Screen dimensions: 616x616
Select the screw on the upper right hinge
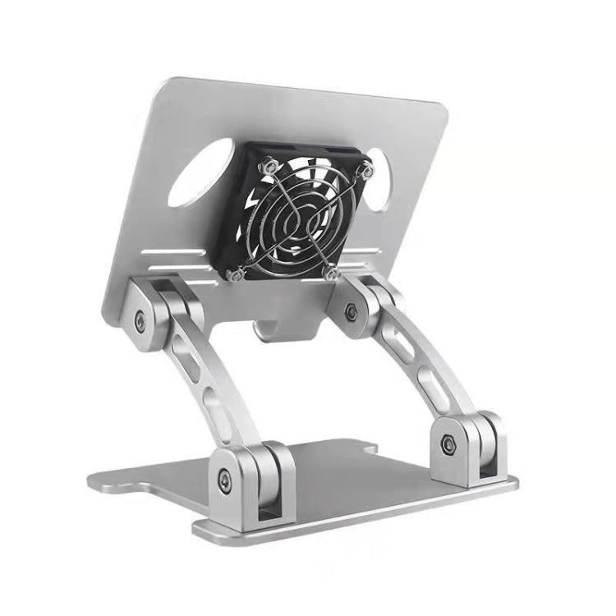351,310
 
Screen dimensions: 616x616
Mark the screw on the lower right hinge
449,444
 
